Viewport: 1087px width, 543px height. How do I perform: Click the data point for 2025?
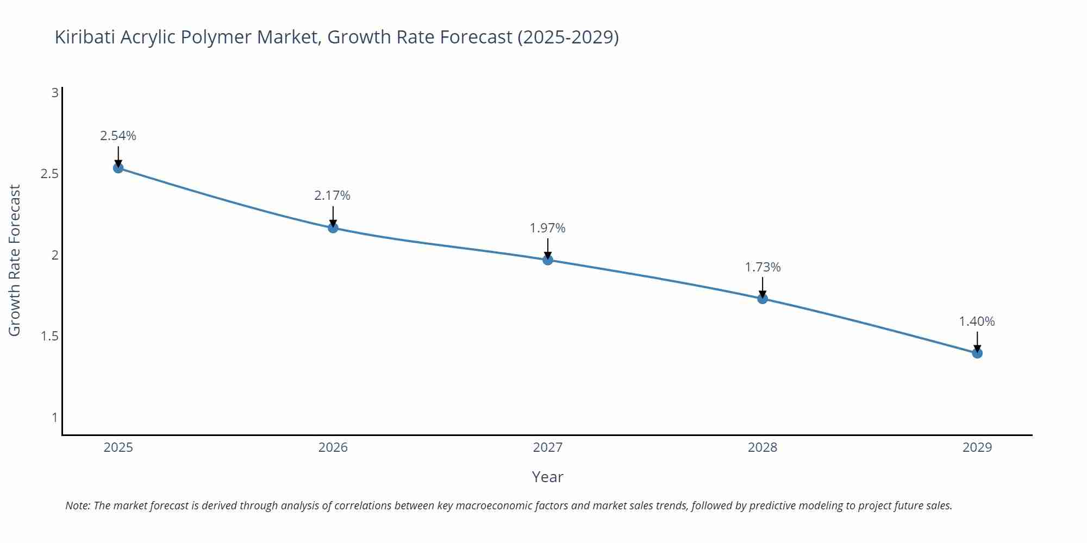[118, 168]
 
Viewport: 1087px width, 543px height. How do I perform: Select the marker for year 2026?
[333, 228]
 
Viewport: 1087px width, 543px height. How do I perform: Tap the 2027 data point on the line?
[548, 260]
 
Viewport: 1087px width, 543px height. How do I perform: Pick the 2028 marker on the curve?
[763, 299]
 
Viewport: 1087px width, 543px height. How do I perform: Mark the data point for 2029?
[977, 353]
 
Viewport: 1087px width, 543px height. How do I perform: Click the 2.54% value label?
[118, 136]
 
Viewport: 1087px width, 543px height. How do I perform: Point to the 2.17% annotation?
[333, 195]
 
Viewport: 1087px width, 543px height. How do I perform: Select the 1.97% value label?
[548, 228]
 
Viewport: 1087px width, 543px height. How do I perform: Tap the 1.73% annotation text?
[763, 267]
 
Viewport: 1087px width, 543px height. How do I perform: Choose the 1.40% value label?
[977, 321]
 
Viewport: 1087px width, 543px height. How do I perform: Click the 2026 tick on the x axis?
[333, 447]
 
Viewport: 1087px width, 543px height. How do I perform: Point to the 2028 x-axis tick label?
[763, 447]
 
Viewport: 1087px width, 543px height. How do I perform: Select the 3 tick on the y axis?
[54, 93]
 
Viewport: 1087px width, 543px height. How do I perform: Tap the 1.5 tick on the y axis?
[49, 336]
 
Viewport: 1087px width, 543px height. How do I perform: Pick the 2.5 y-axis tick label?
[49, 174]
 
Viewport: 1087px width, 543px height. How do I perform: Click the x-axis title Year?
[547, 477]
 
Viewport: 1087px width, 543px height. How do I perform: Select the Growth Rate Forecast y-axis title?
[15, 260]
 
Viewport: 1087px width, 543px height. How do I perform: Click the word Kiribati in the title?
[85, 37]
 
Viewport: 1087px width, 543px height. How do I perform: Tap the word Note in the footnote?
[77, 506]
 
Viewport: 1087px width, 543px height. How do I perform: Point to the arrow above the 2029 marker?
[977, 341]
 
